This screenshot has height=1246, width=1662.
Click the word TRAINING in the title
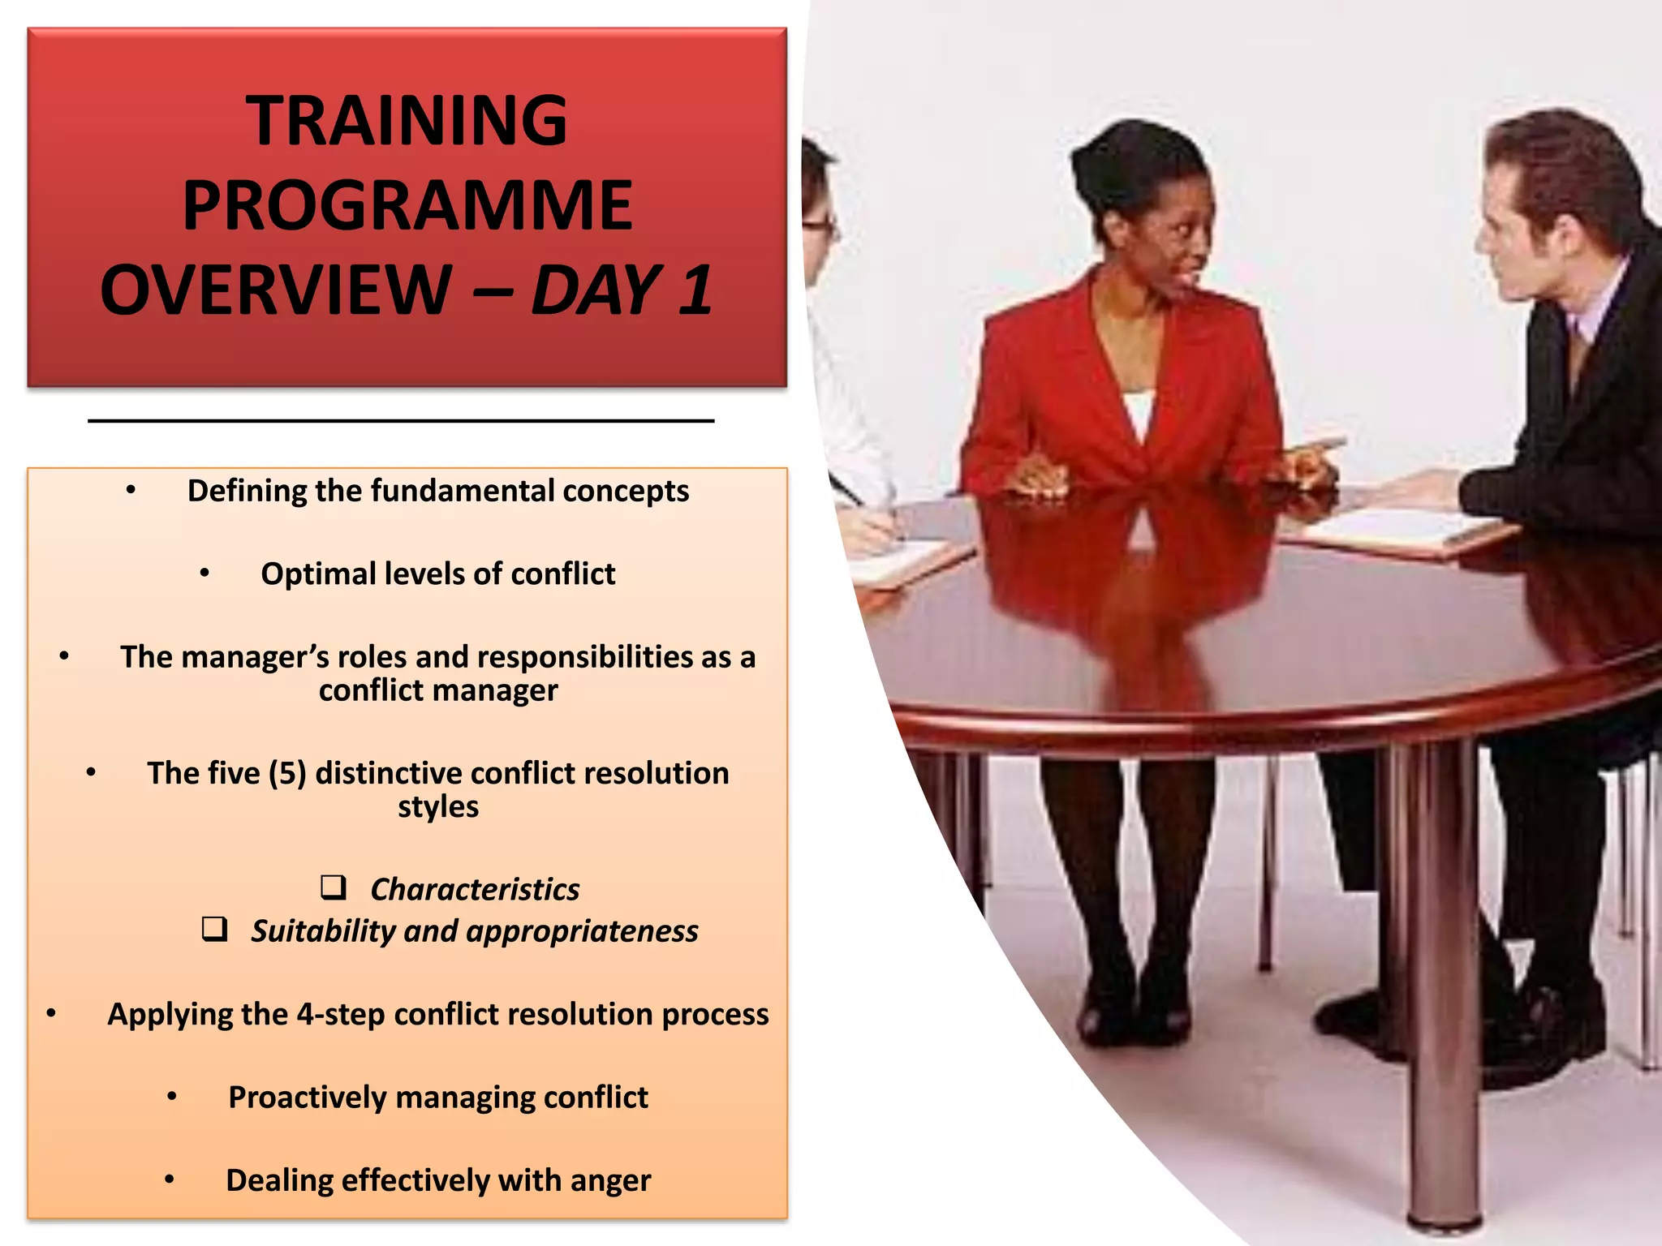(x=407, y=121)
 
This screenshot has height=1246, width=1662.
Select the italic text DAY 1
(x=622, y=290)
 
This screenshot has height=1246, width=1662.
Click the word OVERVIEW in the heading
(x=276, y=290)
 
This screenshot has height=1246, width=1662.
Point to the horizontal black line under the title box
(x=401, y=421)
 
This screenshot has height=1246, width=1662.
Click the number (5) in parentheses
(x=287, y=773)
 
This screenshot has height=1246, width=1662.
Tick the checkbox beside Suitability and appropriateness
(x=215, y=928)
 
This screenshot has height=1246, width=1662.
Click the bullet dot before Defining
(x=131, y=490)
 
